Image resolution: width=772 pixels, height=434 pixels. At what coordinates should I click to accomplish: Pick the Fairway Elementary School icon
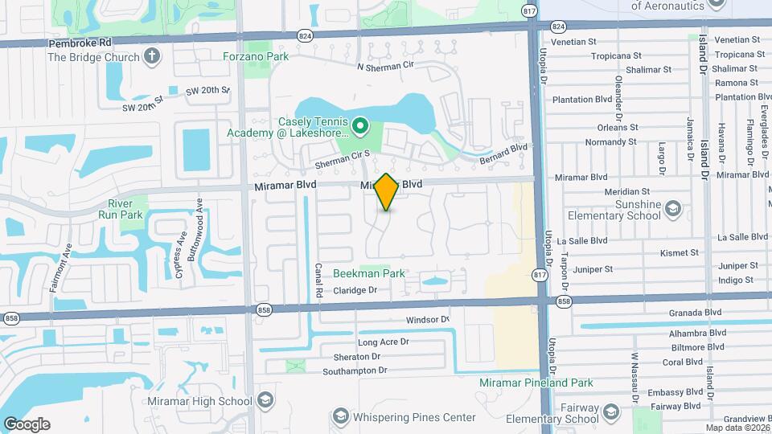pyautogui.click(x=610, y=413)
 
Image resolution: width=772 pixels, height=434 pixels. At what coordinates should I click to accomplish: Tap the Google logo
pyautogui.click(x=26, y=424)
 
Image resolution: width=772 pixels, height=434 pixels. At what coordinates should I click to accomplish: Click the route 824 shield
pyautogui.click(x=305, y=35)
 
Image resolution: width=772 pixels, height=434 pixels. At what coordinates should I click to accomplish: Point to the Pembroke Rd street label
pyautogui.click(x=79, y=43)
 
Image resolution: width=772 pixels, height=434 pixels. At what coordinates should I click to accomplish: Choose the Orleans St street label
pyautogui.click(x=618, y=127)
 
